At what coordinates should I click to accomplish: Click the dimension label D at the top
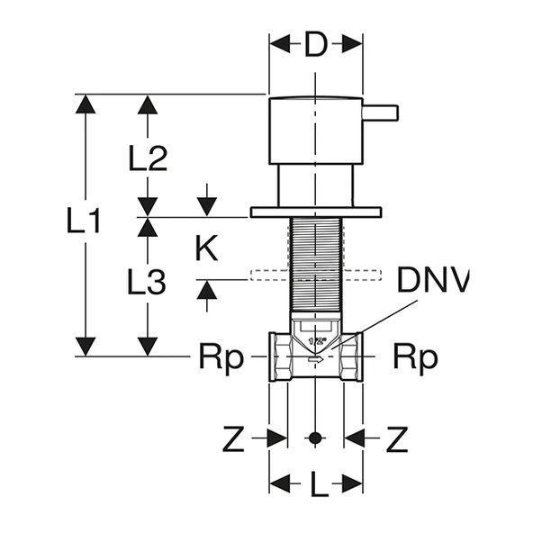point(314,45)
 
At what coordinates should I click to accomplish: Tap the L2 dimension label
point(148,159)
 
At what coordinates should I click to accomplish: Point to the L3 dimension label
point(146,284)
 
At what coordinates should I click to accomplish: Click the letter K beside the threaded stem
point(206,249)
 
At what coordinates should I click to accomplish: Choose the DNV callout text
point(434,281)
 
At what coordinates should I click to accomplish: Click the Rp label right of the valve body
point(415,358)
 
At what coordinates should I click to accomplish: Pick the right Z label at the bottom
point(397,439)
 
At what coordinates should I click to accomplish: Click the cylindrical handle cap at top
point(314,130)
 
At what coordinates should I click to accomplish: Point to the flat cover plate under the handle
point(314,212)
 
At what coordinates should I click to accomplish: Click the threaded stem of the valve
point(314,266)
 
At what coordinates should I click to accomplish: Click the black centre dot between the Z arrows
point(314,438)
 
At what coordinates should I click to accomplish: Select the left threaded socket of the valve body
point(278,357)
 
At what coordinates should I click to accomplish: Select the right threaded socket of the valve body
point(351,357)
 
